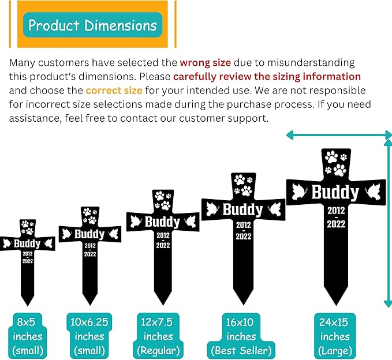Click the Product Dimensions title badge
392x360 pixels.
click(92, 25)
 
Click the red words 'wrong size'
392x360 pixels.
click(206, 62)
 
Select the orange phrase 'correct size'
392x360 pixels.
click(114, 90)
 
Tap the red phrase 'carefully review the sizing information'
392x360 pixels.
click(267, 77)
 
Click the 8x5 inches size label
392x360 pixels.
click(28, 336)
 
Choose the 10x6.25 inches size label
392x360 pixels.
click(89, 336)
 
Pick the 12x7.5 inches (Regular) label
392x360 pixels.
click(158, 336)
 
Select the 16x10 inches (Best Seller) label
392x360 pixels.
click(241, 336)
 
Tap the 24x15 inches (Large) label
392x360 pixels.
click(335, 336)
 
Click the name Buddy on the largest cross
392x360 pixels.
click(335, 192)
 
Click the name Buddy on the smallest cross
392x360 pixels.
click(27, 243)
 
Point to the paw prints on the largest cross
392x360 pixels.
click(336, 163)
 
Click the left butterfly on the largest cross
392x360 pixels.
click(299, 192)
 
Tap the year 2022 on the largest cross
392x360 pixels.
click(336, 224)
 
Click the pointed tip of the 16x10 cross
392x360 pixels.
click(243, 305)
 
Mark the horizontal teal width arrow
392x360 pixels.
click(339, 136)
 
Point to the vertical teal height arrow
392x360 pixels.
click(388, 223)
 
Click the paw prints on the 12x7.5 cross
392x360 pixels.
click(163, 201)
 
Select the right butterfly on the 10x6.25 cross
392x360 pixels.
click(114, 234)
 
